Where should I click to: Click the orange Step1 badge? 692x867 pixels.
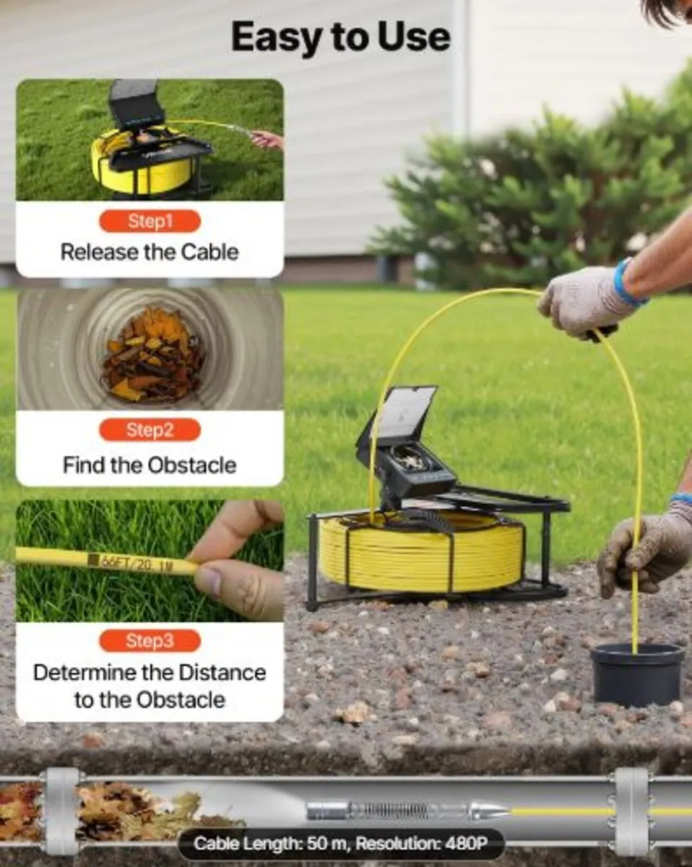[150, 221]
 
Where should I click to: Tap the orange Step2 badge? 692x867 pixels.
[150, 430]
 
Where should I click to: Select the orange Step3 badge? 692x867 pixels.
[150, 641]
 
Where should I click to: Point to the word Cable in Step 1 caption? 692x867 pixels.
[210, 252]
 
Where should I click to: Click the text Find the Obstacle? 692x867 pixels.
[150, 465]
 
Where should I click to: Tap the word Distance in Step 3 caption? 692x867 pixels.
[222, 673]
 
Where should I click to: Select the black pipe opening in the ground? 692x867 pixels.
[637, 675]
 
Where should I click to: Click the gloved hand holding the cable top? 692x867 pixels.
[584, 302]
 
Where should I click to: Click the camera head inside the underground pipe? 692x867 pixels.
[407, 810]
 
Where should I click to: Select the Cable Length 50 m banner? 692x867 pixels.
[341, 842]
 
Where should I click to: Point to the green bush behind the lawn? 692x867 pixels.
[536, 194]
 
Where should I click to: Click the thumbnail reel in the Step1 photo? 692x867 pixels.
[150, 155]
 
